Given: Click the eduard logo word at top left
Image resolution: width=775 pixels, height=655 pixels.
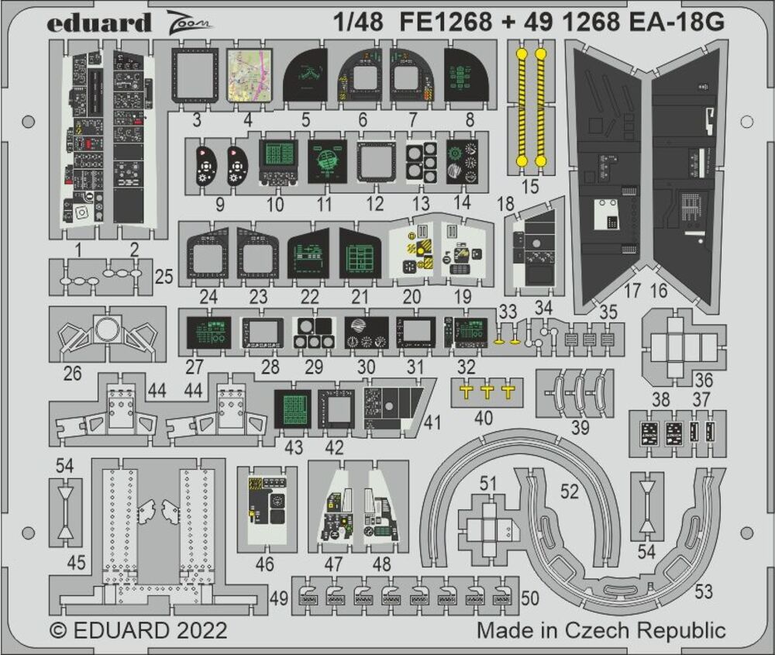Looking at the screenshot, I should [x=98, y=22].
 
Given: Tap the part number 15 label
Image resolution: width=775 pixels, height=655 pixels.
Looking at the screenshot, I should [x=530, y=186].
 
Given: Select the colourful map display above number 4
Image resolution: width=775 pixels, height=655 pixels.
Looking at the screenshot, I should [x=248, y=75].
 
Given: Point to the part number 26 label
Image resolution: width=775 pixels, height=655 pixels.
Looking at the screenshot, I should [x=72, y=373].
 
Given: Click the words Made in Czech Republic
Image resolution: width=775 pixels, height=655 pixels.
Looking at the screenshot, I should [x=601, y=629].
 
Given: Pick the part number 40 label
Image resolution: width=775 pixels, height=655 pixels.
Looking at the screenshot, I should [x=483, y=418].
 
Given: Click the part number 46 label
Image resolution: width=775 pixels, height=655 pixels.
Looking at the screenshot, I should [x=264, y=564].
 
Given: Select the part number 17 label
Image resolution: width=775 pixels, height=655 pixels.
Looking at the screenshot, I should [x=632, y=291].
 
